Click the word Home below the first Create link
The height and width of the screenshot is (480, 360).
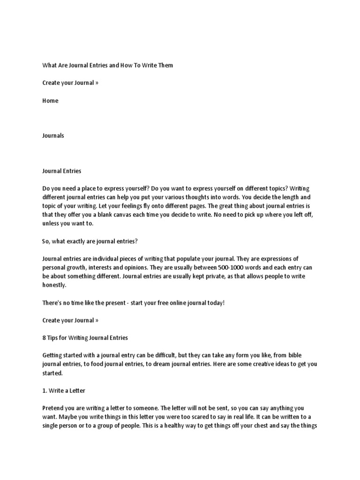click(50, 101)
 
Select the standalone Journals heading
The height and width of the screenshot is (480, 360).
click(53, 136)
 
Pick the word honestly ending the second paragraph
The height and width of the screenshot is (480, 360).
click(54, 285)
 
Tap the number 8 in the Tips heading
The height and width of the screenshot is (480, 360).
click(44, 338)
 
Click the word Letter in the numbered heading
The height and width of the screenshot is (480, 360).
click(75, 391)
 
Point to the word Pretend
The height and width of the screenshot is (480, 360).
click(54, 409)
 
